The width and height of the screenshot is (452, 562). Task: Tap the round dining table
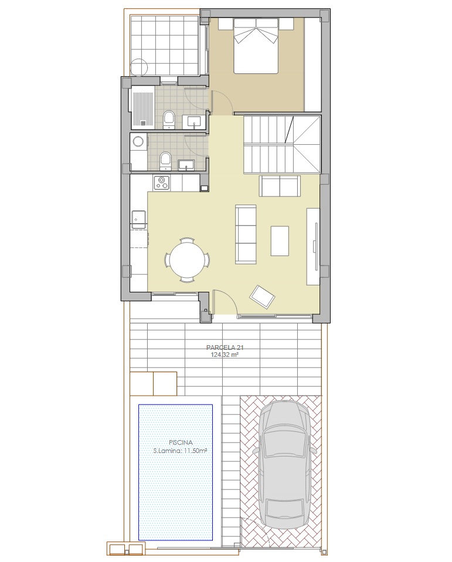point(187,260)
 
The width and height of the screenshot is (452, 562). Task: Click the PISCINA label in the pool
point(181,443)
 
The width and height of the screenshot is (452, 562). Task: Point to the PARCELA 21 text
point(225,348)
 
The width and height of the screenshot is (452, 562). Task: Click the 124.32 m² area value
point(225,355)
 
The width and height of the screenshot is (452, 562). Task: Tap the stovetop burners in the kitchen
point(162,182)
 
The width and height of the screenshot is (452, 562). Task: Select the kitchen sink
point(138,219)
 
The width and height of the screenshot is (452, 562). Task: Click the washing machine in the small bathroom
point(138,142)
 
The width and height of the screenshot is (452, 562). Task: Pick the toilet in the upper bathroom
point(168,120)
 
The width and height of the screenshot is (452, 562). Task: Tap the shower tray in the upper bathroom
point(143,107)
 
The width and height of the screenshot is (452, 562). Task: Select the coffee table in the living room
point(280,240)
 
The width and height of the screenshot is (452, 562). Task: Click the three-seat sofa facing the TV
point(246,234)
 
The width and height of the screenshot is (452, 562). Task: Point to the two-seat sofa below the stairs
point(279,186)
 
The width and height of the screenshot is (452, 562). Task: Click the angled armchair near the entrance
point(263,297)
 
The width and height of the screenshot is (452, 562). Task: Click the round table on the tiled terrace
point(139,67)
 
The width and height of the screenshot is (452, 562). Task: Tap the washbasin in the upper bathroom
point(194,122)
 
